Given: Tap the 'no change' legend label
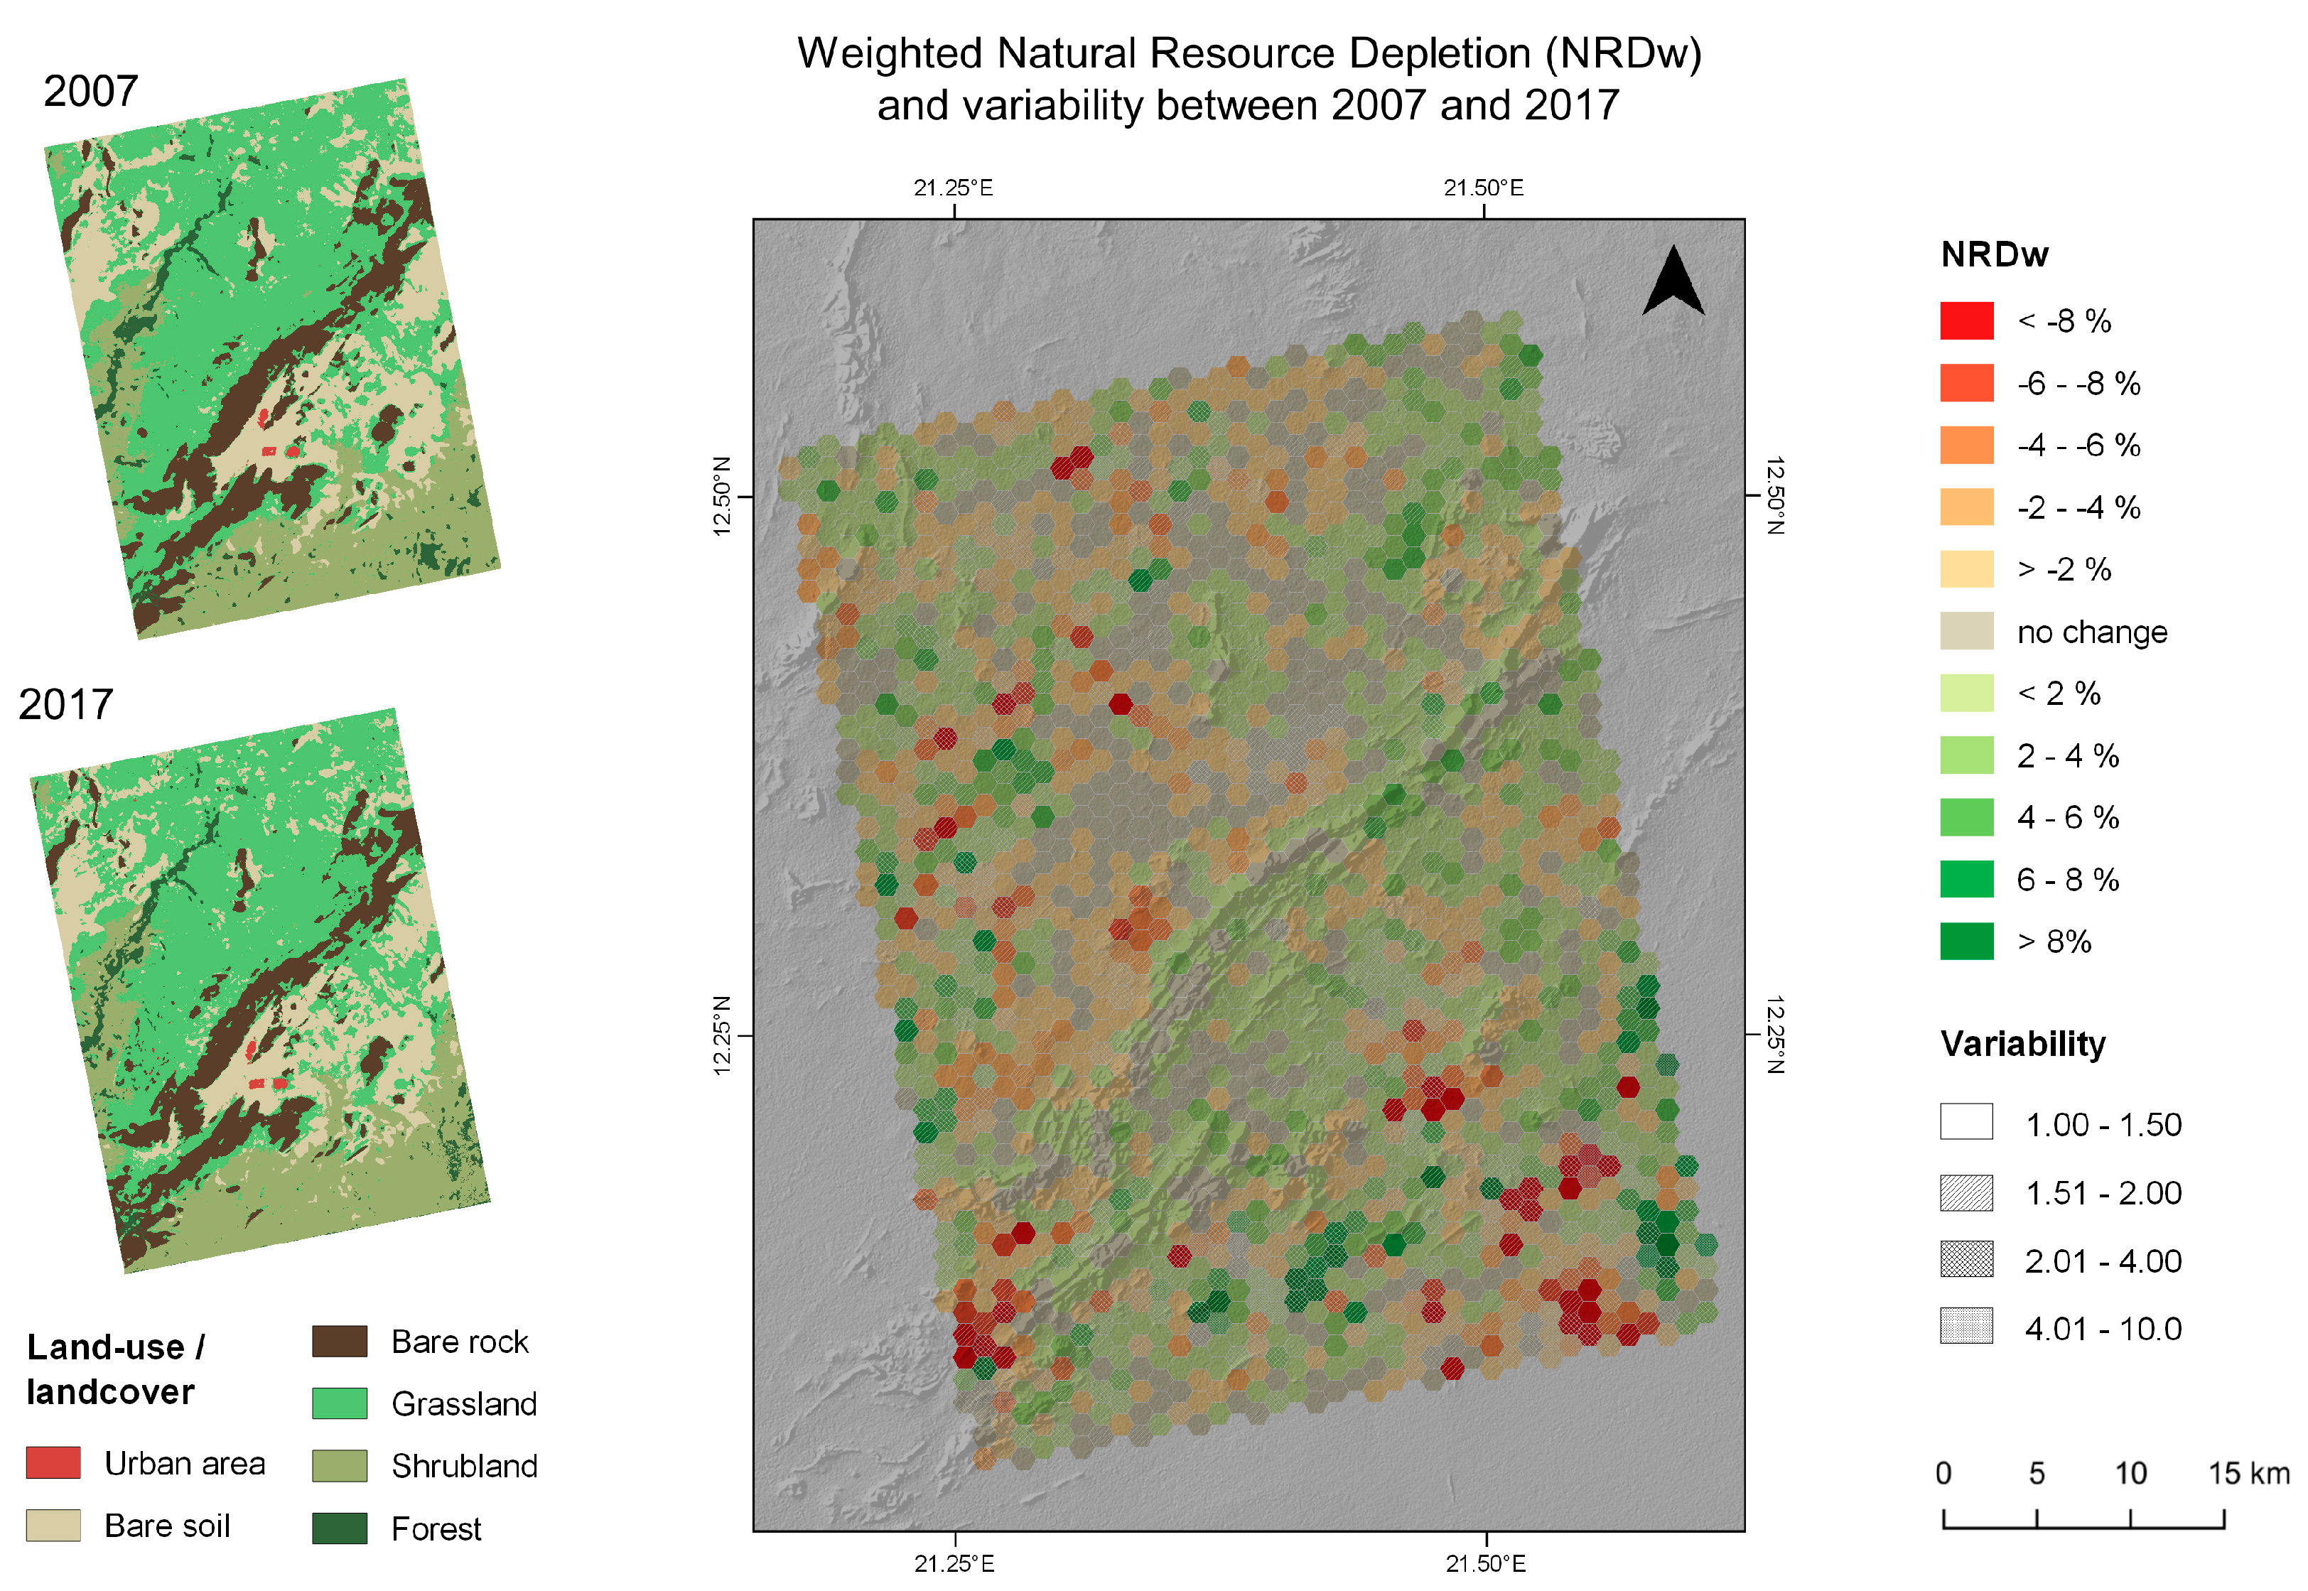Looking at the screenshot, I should pos(2092,632).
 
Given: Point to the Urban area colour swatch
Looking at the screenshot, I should pos(53,1463).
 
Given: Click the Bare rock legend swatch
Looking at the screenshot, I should pos(339,1342).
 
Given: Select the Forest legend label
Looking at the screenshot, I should pos(436,1529).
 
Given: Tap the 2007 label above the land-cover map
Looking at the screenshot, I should pos(91,92).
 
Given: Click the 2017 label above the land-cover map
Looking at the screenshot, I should pos(66,705).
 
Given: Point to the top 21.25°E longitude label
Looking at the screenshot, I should pos(953,188).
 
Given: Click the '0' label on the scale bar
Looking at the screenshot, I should pos(1943,1473).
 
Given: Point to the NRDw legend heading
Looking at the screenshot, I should pos(1994,255).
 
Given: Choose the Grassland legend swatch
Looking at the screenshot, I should pos(339,1403).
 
